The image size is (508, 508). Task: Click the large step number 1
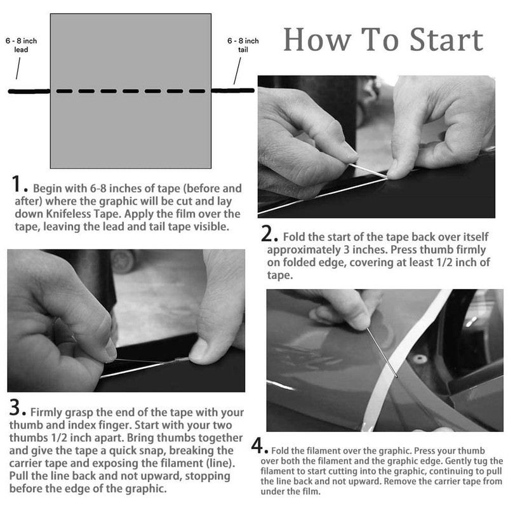click(x=18, y=185)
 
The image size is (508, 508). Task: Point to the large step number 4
click(x=258, y=445)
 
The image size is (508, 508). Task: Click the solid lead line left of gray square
click(x=29, y=91)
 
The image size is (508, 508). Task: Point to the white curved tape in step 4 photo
click(x=413, y=356)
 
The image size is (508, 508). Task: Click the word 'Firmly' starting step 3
click(x=48, y=411)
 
